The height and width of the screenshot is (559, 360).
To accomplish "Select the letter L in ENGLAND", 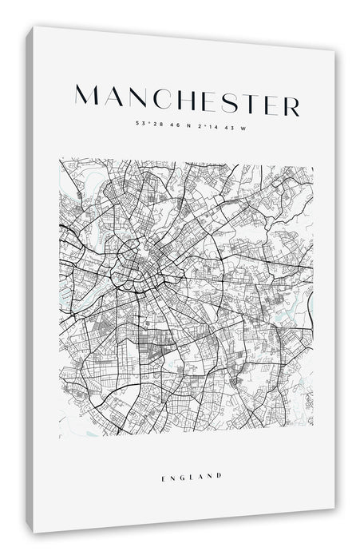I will pyautogui.click(x=192, y=476).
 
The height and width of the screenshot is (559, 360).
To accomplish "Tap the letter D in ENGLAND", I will pyautogui.click(x=219, y=476).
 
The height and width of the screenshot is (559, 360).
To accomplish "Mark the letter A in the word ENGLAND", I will pyautogui.click(x=200, y=476).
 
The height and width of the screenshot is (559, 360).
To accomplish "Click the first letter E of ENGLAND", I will pyautogui.click(x=163, y=476).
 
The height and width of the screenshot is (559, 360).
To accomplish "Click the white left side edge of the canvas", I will pyautogui.click(x=29, y=279).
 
